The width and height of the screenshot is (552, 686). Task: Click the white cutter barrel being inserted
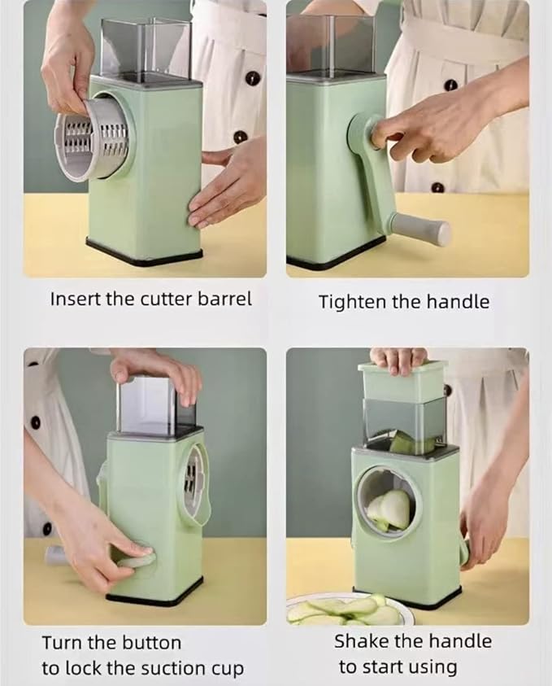click(93, 139)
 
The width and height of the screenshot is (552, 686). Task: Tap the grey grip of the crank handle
click(420, 227)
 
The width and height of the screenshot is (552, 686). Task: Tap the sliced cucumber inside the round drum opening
click(389, 509)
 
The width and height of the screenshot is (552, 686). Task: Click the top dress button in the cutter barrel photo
click(253, 78)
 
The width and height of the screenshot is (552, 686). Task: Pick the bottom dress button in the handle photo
click(437, 189)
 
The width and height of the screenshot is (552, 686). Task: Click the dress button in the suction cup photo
click(35, 423)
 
